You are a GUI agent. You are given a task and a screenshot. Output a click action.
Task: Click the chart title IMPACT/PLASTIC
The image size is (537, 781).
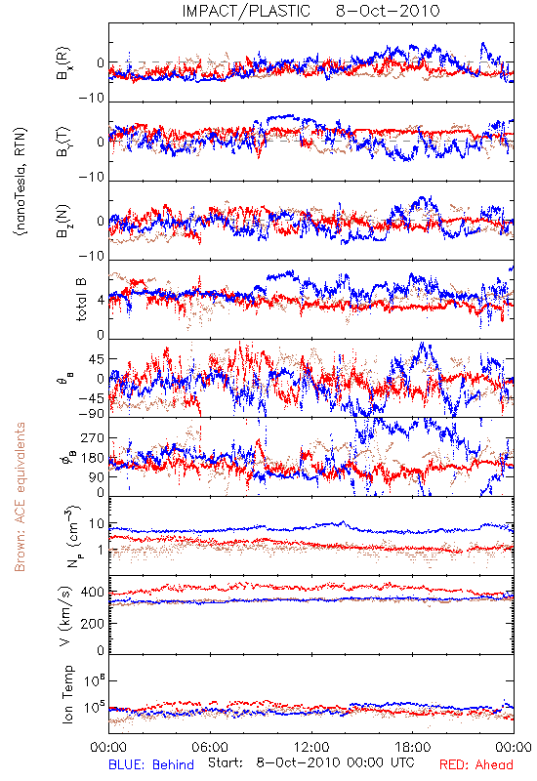pos(246,11)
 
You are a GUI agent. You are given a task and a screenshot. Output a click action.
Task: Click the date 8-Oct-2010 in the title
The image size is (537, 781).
pos(388,11)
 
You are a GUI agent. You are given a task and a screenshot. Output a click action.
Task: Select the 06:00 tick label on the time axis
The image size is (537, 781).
pos(210,747)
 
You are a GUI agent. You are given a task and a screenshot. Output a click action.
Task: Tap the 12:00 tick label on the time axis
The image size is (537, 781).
pos(311,747)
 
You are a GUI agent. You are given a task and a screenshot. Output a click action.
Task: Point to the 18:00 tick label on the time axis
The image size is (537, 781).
pos(413,747)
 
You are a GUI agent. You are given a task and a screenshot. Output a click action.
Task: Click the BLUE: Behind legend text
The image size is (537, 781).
pos(151,764)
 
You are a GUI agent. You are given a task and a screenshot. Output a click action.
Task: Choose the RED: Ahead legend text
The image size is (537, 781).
pos(476,764)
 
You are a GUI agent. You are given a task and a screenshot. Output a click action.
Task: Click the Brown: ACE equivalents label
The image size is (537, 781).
pos(20,497)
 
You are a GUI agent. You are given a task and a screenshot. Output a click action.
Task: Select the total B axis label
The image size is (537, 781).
pos(81,300)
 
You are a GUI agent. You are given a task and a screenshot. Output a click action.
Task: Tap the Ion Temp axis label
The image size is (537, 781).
pos(67,694)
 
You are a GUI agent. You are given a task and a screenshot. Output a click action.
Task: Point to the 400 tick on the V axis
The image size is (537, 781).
pos(93,593)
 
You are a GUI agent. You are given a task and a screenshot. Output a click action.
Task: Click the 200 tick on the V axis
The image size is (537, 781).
pos(93,623)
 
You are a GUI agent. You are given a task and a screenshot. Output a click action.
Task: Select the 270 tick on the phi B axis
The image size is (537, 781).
pos(93,437)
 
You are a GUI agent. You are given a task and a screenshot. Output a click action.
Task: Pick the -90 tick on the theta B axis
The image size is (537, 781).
pos(92,413)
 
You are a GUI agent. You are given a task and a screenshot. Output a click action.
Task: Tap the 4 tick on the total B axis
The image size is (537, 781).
pos(102,301)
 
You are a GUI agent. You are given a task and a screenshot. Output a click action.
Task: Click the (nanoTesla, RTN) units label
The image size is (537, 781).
pos(21,181)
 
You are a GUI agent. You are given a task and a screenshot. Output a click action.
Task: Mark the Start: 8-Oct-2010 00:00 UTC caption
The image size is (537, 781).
pos(310,763)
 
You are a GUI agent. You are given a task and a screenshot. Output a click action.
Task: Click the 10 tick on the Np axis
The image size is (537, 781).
pos(97,524)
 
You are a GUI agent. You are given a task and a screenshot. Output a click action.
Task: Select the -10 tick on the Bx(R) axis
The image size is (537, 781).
pos(92,99)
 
